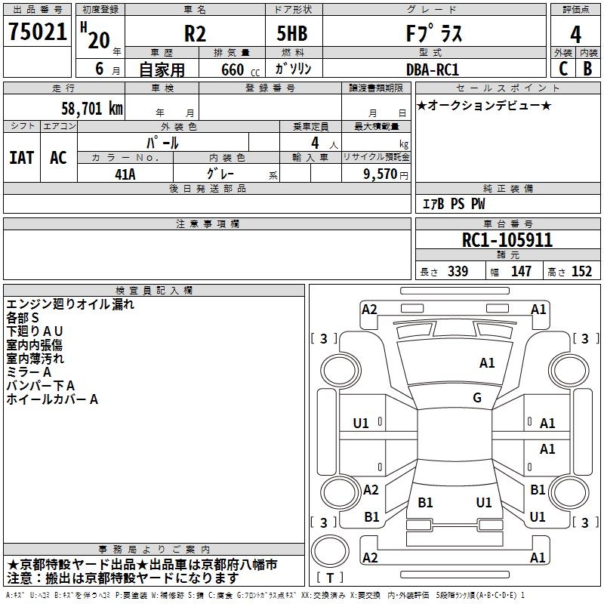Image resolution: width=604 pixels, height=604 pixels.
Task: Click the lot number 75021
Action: (38, 32)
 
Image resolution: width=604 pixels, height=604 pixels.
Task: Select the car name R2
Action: (195, 34)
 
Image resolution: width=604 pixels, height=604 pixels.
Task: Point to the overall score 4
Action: (576, 34)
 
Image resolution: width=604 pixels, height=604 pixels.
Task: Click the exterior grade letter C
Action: (562, 68)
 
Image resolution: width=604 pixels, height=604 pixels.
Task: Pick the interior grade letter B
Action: (588, 68)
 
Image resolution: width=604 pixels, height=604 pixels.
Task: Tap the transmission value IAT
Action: (22, 157)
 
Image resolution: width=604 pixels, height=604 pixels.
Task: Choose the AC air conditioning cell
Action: (58, 157)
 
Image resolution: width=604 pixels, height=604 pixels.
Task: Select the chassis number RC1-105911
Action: (507, 241)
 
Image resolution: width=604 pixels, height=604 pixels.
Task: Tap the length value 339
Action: (458, 272)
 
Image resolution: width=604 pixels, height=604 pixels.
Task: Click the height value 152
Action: (581, 272)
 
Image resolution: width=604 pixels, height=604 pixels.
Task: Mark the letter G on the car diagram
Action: (477, 398)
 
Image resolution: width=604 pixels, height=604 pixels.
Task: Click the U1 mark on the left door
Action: (361, 424)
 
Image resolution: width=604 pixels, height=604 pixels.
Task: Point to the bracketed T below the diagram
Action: (329, 578)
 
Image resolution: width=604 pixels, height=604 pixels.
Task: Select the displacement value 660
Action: (232, 69)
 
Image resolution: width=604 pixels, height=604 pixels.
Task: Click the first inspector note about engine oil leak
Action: (70, 305)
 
